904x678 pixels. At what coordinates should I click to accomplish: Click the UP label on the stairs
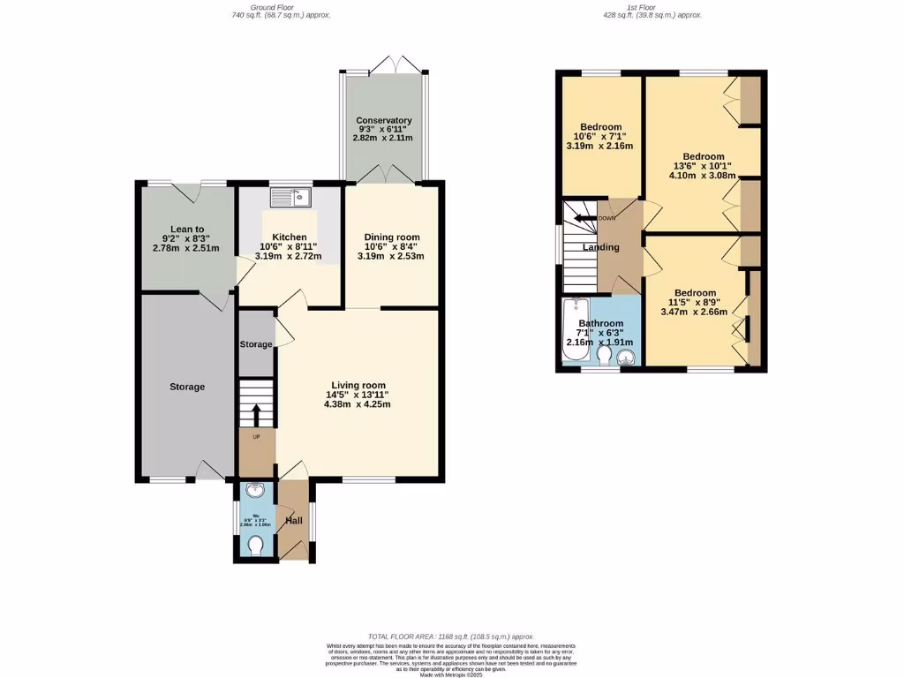257,438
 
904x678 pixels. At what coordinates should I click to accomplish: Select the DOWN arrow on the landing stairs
584,218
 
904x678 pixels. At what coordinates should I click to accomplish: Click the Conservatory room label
384,121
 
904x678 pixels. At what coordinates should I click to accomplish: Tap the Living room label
358,385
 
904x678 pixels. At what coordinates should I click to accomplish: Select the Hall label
293,521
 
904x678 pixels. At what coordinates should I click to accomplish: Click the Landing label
600,247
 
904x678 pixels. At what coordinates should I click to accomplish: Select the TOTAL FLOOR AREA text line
451,637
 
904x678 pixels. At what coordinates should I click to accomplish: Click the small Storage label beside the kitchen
256,344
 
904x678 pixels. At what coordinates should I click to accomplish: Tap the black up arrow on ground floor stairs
256,414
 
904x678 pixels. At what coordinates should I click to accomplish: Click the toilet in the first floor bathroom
605,356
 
